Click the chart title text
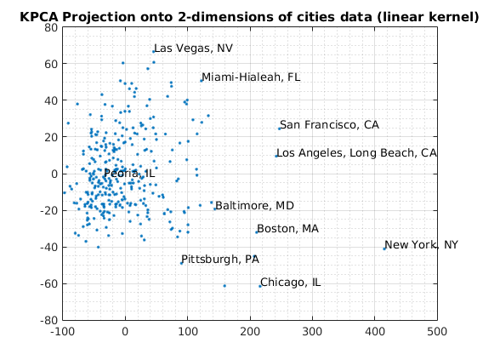point(249,17)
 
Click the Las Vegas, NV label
point(193,49)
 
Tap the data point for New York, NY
point(384,249)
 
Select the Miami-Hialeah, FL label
point(251,77)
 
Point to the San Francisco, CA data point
point(280,129)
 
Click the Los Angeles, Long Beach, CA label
point(356,153)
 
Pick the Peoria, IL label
point(129,174)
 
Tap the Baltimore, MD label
point(254,206)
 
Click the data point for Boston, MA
point(257,232)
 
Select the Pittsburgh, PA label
point(220,260)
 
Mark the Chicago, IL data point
point(260,286)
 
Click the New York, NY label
point(421,245)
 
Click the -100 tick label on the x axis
point(62,332)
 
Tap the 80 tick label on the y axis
point(51,28)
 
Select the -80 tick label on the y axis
point(48,320)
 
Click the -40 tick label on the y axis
point(48,247)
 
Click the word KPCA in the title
point(39,17)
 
